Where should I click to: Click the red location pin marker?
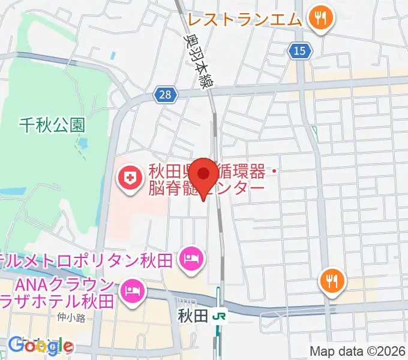(x=206, y=176)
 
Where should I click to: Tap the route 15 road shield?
(x=300, y=51)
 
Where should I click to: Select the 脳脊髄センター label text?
(x=207, y=188)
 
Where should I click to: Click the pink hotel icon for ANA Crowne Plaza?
(x=131, y=291)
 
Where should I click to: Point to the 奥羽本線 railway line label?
(x=199, y=61)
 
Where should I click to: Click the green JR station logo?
(x=220, y=315)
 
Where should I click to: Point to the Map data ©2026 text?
(x=357, y=352)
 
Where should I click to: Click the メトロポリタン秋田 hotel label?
(x=90, y=260)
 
